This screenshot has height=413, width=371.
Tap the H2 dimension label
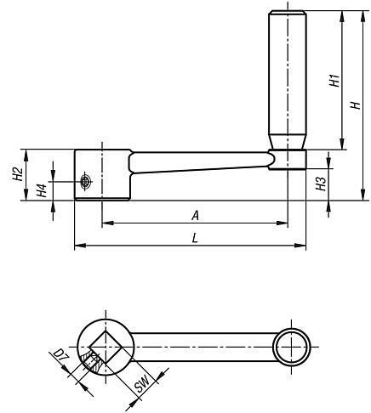pos(17,174)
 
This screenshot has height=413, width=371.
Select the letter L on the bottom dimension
pos(195,240)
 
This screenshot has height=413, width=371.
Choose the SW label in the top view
pos(142,388)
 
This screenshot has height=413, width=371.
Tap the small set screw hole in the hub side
pos(85,181)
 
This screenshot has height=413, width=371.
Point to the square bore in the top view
pos(106,347)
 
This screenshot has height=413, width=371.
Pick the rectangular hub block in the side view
pos(101,174)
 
